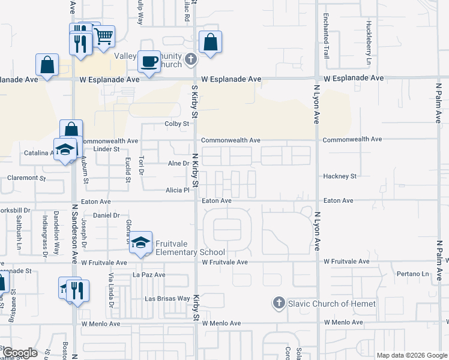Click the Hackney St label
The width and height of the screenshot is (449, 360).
tap(340, 176)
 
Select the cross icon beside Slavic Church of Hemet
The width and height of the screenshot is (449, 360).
tap(279, 303)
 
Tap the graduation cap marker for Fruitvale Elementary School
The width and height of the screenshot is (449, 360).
tap(141, 242)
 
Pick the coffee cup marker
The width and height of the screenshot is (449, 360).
tap(149, 61)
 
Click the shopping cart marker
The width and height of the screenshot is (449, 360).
tap(104, 36)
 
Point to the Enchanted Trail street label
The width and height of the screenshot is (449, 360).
tap(326, 36)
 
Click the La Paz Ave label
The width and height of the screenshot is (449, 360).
tap(148, 275)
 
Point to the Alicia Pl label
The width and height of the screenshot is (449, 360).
tap(178, 190)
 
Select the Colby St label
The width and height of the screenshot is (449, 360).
tap(177, 124)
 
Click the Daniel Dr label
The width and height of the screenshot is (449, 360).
tap(107, 215)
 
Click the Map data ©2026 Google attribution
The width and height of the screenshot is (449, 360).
tap(411, 355)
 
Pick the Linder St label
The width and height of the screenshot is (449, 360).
tap(107, 148)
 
